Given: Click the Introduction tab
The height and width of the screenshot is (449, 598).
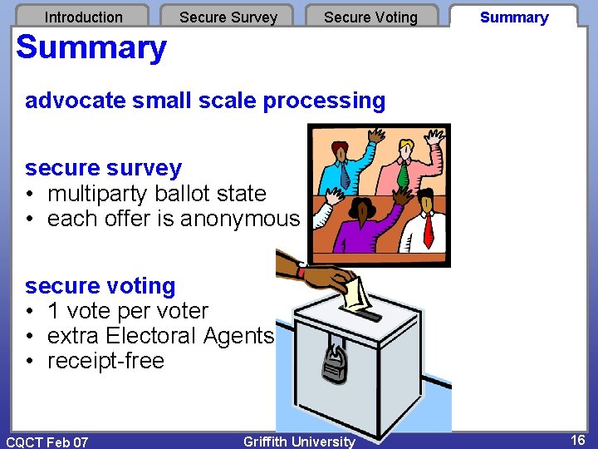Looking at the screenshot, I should (83, 17).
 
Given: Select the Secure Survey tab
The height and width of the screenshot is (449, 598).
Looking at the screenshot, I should (228, 17).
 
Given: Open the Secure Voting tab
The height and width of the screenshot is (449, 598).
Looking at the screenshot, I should (370, 17).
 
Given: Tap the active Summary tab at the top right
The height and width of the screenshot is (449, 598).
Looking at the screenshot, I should (514, 17).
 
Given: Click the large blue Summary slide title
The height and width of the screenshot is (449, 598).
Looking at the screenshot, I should (91, 48).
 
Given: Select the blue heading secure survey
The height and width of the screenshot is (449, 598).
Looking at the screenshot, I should (103, 168).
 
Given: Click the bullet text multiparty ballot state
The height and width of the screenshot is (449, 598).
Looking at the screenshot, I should (156, 194).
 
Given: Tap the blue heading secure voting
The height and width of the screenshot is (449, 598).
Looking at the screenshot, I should (100, 286).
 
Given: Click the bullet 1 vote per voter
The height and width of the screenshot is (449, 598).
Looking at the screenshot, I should (128, 311).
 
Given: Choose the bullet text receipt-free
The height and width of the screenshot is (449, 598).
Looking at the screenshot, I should (105, 361).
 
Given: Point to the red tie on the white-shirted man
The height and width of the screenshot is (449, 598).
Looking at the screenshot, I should (429, 229).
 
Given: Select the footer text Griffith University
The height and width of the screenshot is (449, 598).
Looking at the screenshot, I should (299, 442).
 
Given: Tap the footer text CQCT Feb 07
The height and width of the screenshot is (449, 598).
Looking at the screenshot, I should (47, 442).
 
